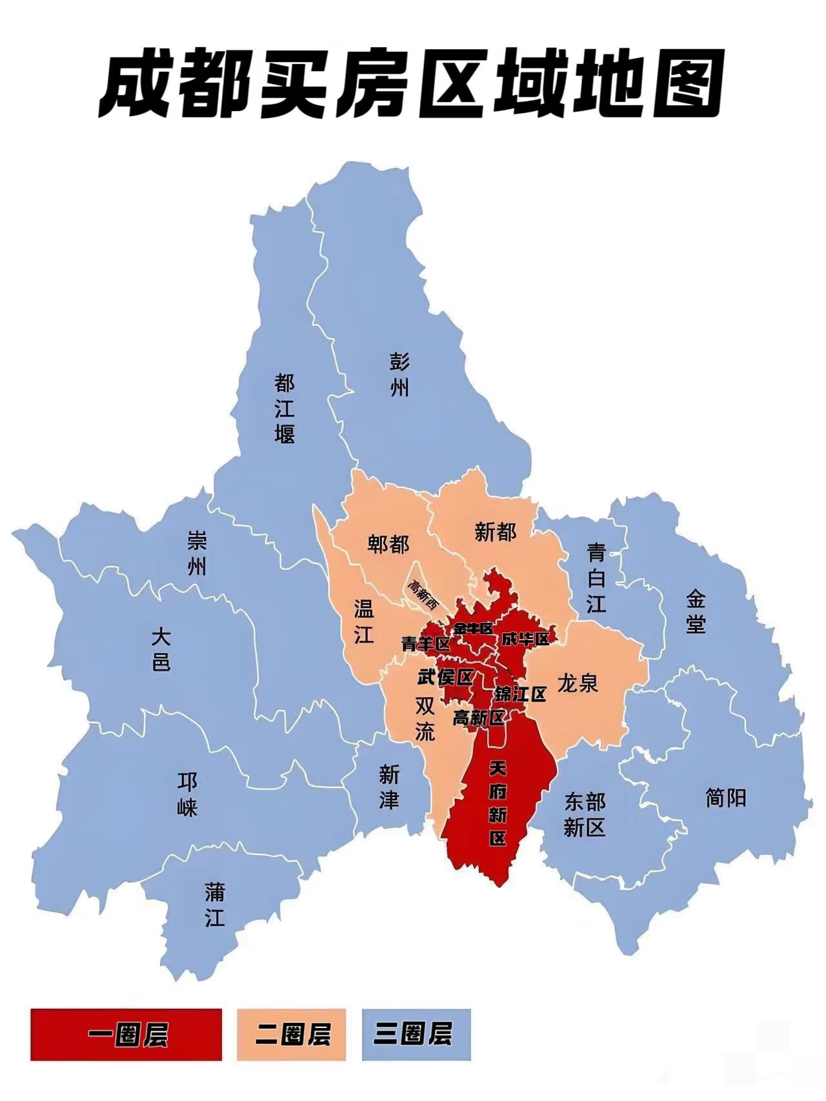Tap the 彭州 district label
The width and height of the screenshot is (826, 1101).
point(399,374)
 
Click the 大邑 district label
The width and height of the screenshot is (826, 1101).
point(161,651)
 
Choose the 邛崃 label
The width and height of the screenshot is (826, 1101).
point(188,794)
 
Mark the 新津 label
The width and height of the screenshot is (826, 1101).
point(389,787)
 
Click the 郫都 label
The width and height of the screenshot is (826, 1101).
point(388,544)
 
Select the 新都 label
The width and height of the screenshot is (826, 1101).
point(496,532)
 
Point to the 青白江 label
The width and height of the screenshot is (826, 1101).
point(596,578)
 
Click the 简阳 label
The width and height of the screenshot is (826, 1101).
point(726,798)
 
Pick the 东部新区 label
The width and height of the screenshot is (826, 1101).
point(585,814)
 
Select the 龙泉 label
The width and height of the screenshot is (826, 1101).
point(578,683)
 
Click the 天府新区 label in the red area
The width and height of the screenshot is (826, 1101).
point(498,803)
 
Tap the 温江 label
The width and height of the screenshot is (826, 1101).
point(364,621)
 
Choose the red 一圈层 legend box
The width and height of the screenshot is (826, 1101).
point(126,1035)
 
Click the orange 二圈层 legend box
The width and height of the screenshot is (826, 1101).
point(292,1035)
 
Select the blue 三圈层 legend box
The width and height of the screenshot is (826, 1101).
point(416,1035)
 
